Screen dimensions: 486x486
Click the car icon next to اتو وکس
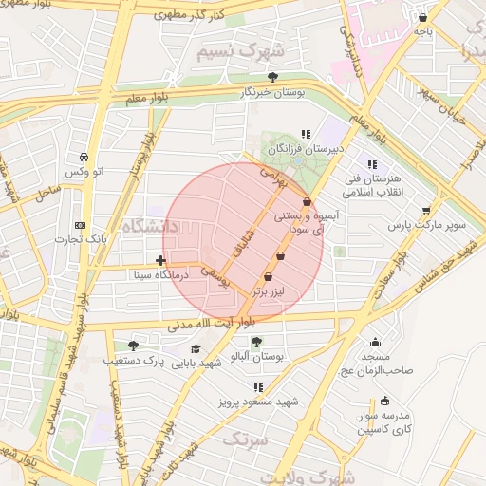point(84,157)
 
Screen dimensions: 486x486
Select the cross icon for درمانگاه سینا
point(160,259)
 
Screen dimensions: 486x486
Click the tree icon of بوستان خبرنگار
point(273,77)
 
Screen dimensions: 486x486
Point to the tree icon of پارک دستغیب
point(132,346)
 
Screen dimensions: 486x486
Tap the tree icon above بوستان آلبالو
point(256,341)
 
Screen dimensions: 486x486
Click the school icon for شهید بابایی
point(196,348)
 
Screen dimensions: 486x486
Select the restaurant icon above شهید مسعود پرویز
point(258,387)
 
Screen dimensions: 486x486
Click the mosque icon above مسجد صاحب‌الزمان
point(375,343)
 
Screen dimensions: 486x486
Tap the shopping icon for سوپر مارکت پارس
point(426,211)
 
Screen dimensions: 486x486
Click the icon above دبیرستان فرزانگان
point(305,135)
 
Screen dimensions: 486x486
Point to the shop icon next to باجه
point(422,17)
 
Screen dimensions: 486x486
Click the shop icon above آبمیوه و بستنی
point(306,201)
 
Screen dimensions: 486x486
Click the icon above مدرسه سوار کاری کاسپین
point(384,401)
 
